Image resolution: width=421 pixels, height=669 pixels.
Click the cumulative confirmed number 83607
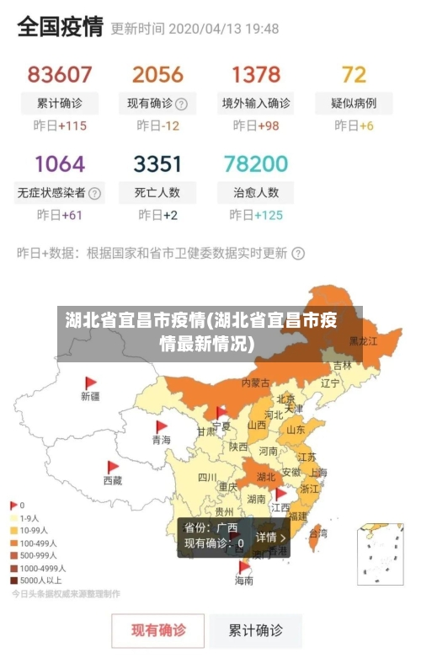[x=59, y=74]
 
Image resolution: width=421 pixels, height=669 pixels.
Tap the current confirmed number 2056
[x=157, y=74]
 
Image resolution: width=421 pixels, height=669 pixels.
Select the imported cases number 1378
[x=256, y=74]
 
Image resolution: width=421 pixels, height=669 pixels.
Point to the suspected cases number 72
[x=354, y=74]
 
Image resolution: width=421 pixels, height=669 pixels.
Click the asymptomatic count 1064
[x=59, y=163]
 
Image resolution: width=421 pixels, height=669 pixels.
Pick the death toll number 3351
[x=157, y=163]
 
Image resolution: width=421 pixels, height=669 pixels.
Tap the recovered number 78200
[x=256, y=163]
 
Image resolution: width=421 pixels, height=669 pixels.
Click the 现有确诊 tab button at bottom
[x=158, y=630]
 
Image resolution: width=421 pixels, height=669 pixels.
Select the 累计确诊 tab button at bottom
[x=256, y=630]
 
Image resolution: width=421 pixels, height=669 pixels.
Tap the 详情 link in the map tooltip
[x=271, y=537]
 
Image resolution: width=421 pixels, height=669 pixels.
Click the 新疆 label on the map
[x=90, y=395]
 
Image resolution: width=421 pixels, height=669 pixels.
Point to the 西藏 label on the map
[x=113, y=480]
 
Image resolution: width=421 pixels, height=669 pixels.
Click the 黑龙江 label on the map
[x=364, y=341]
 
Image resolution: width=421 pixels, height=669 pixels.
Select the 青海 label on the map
[x=160, y=440]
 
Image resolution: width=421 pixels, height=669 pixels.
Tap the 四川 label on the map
[x=207, y=477]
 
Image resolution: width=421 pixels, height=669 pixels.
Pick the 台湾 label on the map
[x=318, y=533]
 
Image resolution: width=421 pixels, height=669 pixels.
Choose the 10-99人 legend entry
[x=35, y=531]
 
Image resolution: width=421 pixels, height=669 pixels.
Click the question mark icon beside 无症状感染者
[x=94, y=193]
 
